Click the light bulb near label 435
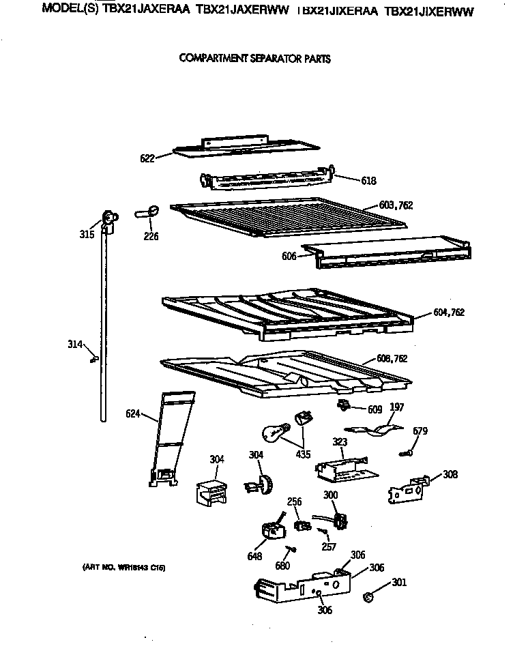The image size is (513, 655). (275, 433)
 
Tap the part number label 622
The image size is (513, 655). (147, 158)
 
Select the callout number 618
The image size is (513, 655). (368, 181)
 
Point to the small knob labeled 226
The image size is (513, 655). (151, 211)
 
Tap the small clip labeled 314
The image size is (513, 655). (94, 357)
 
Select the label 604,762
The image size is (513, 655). (448, 312)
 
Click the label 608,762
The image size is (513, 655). (392, 358)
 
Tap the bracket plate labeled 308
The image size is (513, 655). (408, 489)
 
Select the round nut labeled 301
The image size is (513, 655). (370, 598)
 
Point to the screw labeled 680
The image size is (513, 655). (292, 549)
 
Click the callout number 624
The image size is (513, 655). (134, 413)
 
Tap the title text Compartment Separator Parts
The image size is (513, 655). (254, 59)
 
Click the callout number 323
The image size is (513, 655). (339, 441)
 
